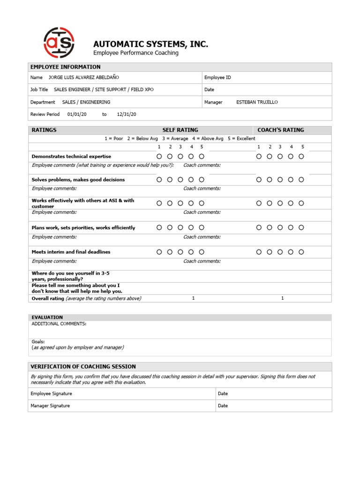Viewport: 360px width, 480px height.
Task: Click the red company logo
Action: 59,43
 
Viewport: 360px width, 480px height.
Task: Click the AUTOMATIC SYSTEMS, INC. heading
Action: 150,44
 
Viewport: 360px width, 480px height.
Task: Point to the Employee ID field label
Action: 217,77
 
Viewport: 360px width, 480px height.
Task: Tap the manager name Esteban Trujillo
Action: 257,102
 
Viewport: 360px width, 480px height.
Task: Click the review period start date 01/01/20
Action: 77,114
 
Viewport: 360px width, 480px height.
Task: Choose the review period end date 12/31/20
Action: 127,114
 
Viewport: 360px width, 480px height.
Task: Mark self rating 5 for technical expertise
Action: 202,157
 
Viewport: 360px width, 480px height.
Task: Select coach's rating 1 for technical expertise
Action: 259,157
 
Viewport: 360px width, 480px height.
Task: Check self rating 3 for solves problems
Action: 180,180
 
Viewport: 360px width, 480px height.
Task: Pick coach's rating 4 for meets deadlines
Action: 291,252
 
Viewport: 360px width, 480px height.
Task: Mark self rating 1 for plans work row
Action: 159,228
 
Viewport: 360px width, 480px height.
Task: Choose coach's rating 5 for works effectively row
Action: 301,203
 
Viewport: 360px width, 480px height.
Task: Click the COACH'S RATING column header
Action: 280,130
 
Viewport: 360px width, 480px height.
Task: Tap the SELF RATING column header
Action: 180,130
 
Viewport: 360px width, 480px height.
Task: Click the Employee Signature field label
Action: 51,394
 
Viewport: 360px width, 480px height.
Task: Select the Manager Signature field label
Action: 50,406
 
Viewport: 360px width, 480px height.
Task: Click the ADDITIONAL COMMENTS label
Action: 59,324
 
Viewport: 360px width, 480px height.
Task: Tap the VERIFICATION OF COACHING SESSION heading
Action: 83,367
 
